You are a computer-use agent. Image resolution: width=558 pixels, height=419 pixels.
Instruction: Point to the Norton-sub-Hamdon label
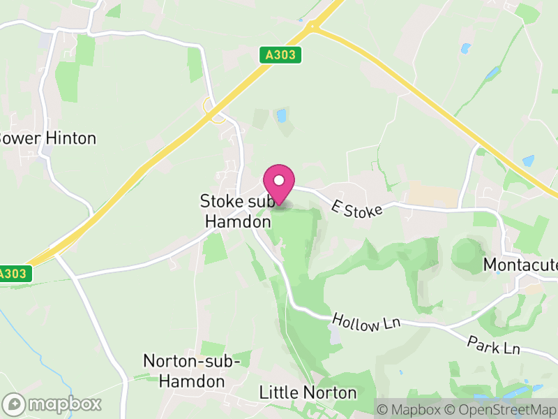192,371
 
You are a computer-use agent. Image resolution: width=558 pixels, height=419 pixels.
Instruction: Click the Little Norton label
308,393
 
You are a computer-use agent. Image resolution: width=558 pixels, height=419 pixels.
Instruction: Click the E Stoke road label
358,207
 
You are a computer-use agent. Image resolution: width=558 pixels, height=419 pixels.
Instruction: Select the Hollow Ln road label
356,323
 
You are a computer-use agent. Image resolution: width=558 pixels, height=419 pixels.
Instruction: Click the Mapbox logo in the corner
52,404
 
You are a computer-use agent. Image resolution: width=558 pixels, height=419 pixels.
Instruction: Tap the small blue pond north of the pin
282,115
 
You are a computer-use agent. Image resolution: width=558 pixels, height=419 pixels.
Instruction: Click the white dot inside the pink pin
279,181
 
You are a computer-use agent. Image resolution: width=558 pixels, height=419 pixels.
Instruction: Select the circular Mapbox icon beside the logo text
14,404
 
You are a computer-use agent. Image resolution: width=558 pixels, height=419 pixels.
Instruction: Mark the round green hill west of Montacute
466,254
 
